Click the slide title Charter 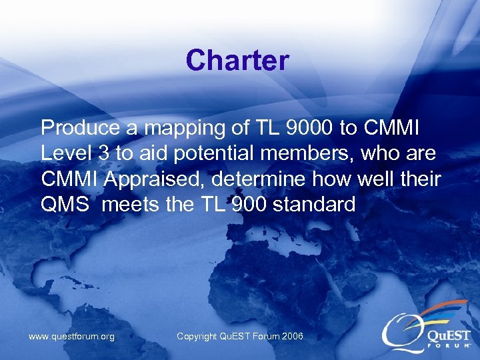(x=237, y=61)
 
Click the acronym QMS (x=65, y=205)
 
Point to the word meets (x=131, y=205)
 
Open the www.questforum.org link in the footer (x=71, y=337)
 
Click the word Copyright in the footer (x=198, y=337)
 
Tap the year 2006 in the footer (x=292, y=337)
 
